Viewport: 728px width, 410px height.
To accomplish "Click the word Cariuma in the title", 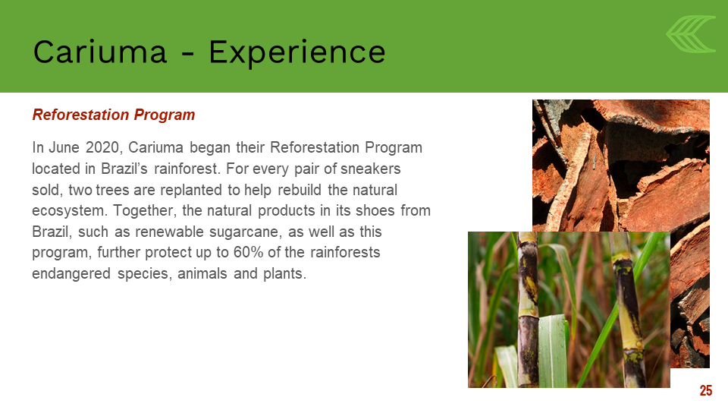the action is [x=100, y=52].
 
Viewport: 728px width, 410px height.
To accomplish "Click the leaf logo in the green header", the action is [x=691, y=33].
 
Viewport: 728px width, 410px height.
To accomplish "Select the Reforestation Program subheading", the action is [x=114, y=115].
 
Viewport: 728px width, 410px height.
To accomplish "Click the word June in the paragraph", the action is [x=64, y=147].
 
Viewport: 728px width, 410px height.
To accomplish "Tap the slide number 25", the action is [x=706, y=390].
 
